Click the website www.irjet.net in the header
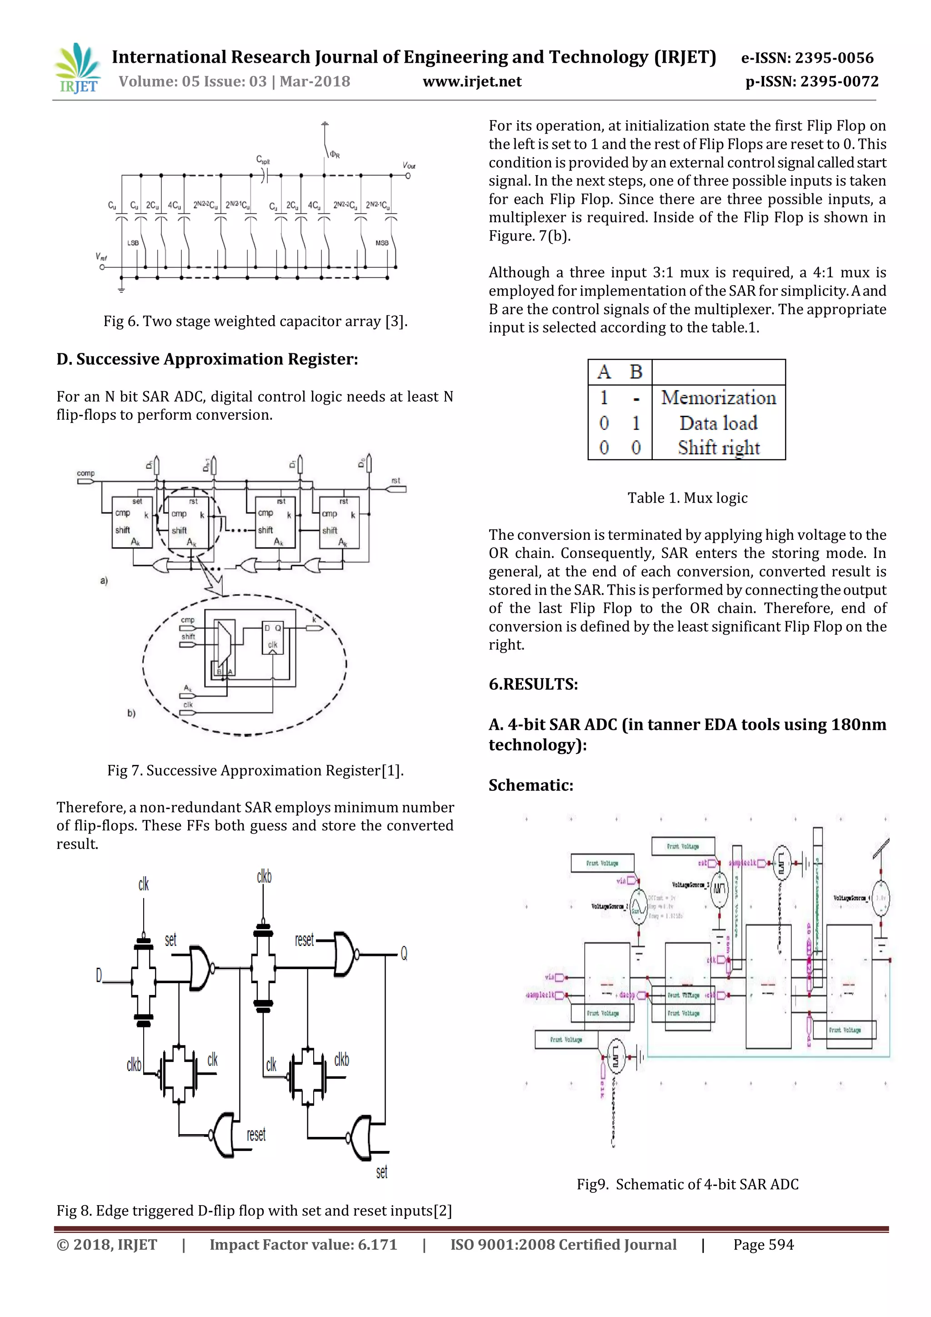coord(472,81)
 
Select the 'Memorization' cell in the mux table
coord(718,397)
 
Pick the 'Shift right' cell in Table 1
coord(718,447)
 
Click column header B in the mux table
coord(636,372)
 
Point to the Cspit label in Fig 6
coord(263,160)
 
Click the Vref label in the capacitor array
coord(101,257)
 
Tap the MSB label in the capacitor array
coord(382,243)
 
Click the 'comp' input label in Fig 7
coord(85,473)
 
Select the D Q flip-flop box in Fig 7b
coord(272,636)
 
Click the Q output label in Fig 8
coord(404,953)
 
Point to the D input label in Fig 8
coord(99,975)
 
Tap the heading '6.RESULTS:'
coord(533,684)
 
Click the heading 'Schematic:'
coord(531,785)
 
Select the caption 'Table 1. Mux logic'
coord(687,498)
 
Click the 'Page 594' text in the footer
coord(763,1245)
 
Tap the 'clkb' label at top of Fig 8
coord(264,876)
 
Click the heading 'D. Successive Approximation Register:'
coord(207,359)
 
